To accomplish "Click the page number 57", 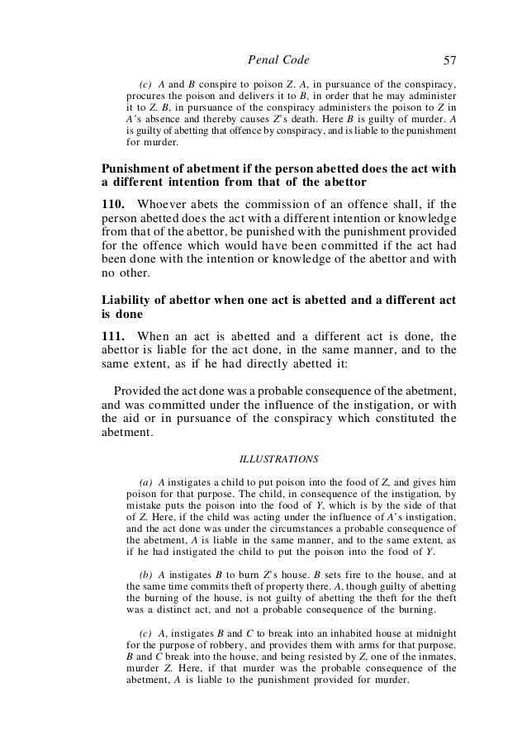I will pyautogui.click(x=449, y=59).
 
